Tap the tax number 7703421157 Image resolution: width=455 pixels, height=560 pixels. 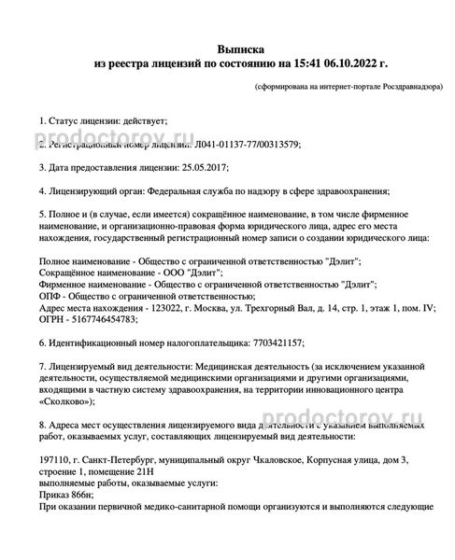pos(277,343)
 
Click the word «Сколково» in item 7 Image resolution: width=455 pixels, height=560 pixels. pos(66,401)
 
